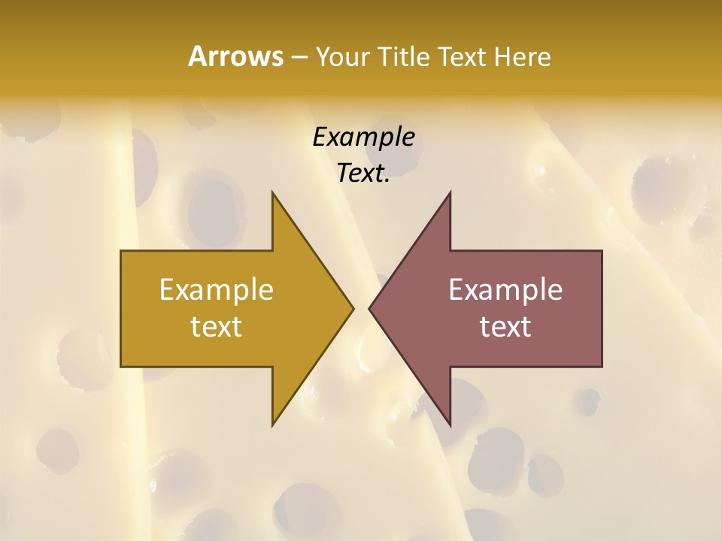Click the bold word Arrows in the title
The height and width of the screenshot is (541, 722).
click(235, 56)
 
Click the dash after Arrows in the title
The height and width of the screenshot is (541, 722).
click(299, 57)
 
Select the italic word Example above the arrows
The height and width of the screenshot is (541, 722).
click(363, 137)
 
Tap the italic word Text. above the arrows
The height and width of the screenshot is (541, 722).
click(363, 173)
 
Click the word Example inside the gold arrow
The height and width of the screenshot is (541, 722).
click(217, 289)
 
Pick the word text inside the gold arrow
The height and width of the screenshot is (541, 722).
click(217, 327)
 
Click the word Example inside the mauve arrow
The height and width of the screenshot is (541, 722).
click(505, 289)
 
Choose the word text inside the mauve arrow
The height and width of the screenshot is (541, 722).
click(505, 327)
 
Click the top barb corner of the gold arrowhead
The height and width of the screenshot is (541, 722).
click(272, 192)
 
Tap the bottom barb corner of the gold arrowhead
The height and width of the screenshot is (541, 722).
click(272, 425)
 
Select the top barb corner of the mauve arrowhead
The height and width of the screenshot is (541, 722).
click(450, 192)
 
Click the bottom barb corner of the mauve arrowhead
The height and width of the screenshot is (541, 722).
click(450, 425)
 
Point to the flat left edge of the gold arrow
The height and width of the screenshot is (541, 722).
click(121, 308)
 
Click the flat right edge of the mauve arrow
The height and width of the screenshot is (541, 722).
click(602, 308)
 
